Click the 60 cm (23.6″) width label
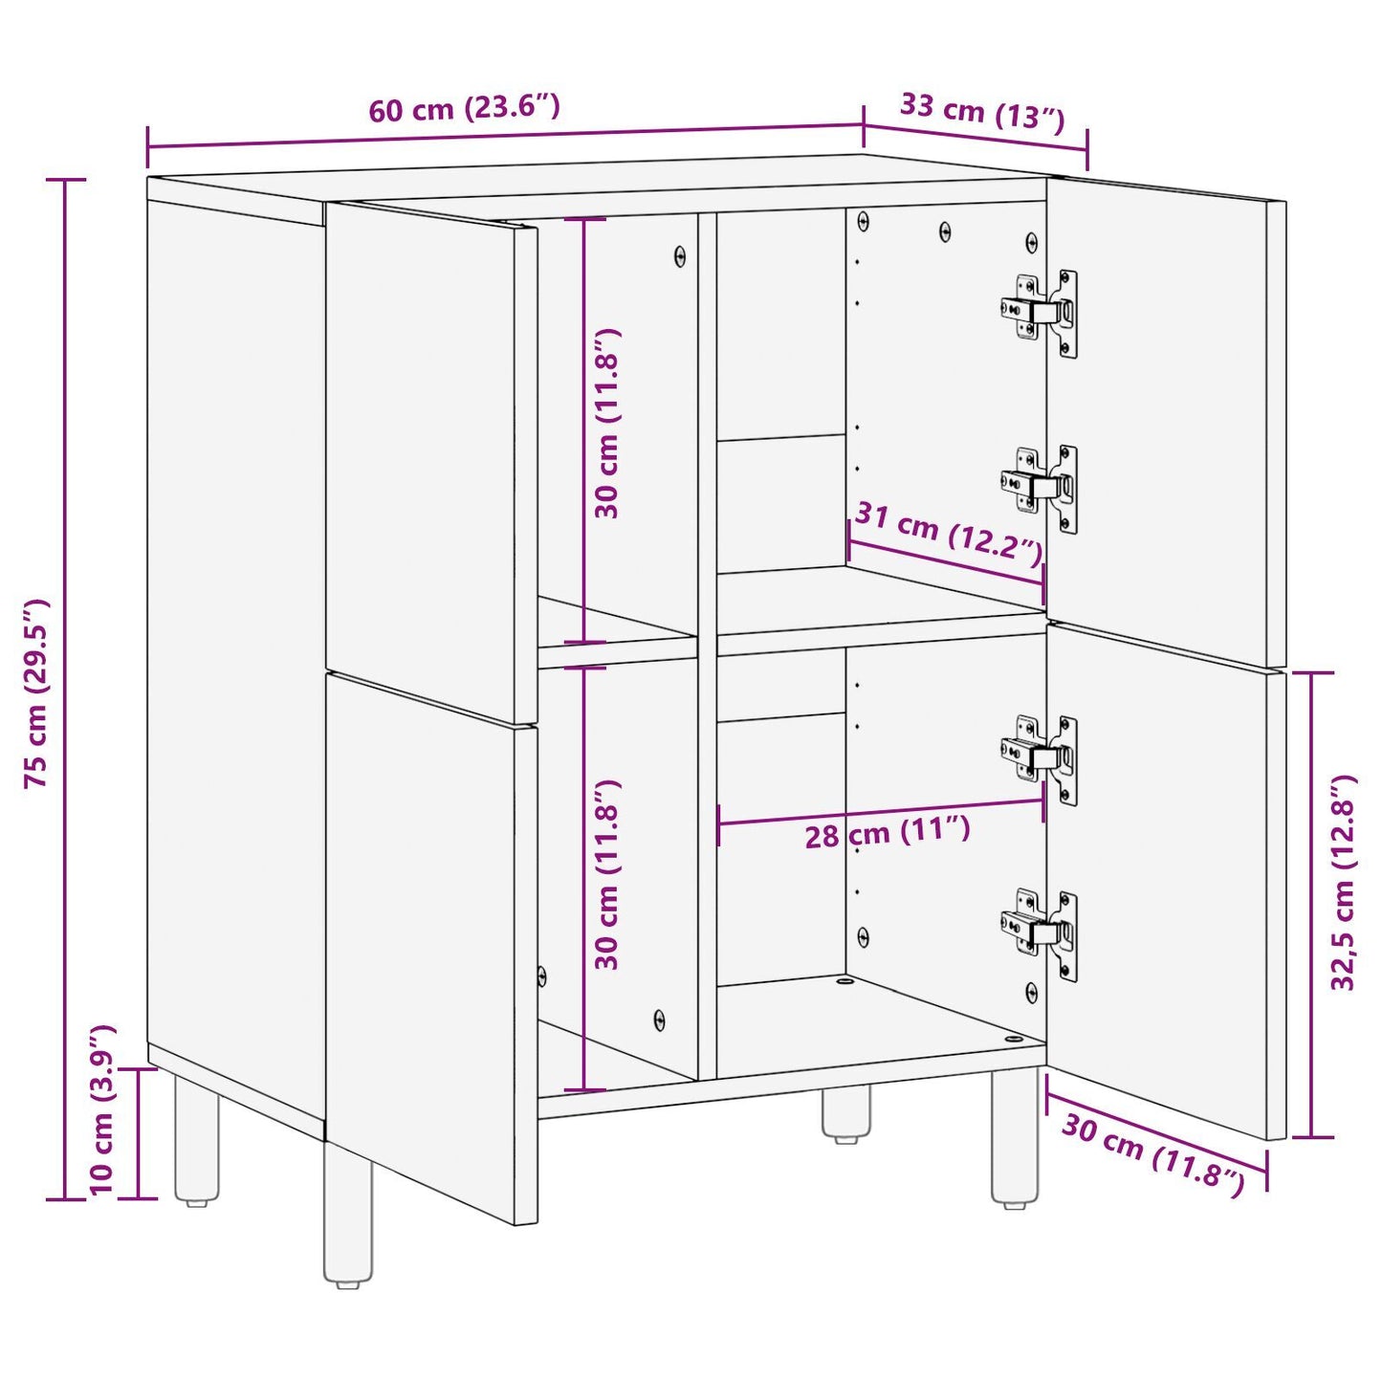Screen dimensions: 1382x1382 464,108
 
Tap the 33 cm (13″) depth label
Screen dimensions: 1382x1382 981,111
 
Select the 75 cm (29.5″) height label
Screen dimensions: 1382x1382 36,692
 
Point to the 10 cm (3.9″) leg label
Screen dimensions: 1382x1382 102,1109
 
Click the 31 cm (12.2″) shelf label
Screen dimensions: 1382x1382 948,532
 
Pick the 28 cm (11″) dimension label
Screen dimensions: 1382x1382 887,833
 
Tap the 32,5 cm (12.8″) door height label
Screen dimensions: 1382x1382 1343,882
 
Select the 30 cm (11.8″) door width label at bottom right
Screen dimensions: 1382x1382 1152,1154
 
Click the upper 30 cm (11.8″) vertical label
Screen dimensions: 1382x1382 607,423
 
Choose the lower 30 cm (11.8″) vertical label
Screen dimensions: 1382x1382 607,874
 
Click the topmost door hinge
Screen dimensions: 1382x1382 1040,312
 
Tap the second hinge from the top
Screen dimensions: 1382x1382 1040,488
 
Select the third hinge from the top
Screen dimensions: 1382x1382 1040,758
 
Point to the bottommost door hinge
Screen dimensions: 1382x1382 1040,932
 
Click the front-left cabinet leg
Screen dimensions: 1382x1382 348,1215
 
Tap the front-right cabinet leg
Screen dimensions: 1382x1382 1014,1138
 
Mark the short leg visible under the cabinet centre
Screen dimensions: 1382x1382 846,1115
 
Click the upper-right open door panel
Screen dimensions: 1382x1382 1167,421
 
